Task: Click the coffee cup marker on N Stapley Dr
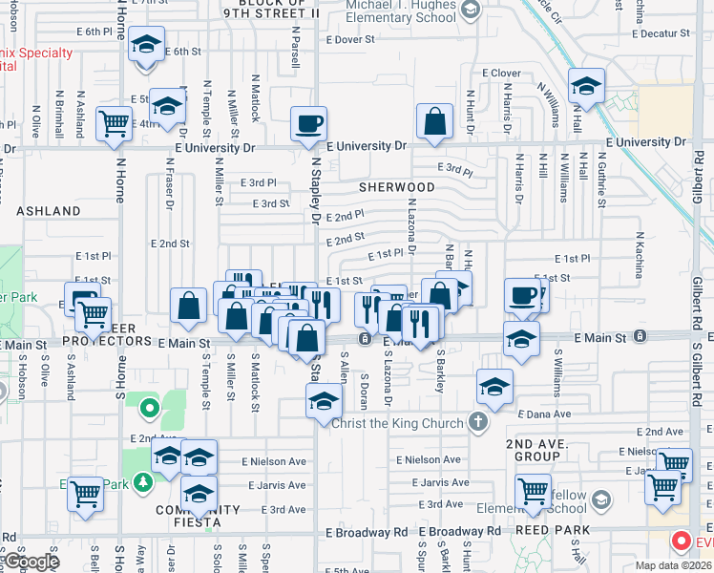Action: click(308, 124)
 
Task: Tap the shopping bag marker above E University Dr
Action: click(434, 123)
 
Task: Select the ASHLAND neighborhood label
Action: click(48, 210)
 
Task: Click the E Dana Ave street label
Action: click(544, 414)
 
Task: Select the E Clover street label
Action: click(501, 73)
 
